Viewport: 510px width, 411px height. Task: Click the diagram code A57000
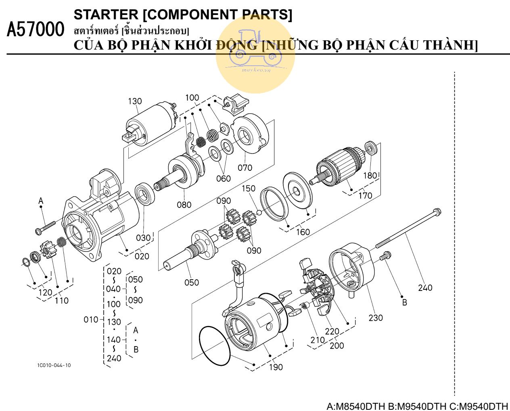pos(36,30)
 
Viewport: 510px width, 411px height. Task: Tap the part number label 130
pos(135,101)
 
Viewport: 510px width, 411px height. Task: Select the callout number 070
pos(245,168)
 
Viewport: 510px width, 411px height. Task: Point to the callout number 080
pos(184,205)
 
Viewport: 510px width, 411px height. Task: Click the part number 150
pos(249,189)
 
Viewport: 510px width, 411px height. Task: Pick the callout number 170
pos(365,196)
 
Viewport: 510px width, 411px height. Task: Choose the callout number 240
pos(425,288)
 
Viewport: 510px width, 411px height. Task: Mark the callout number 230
pos(375,318)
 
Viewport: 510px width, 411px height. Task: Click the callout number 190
pos(276,367)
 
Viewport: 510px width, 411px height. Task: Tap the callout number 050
pos(192,282)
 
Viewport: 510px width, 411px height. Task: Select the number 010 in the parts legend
pos(91,320)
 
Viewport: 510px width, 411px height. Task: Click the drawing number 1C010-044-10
pos(54,365)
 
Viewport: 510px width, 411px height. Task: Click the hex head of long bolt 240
pos(436,211)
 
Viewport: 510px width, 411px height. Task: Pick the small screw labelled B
pos(386,255)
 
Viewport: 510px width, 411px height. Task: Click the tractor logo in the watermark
pos(255,48)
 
